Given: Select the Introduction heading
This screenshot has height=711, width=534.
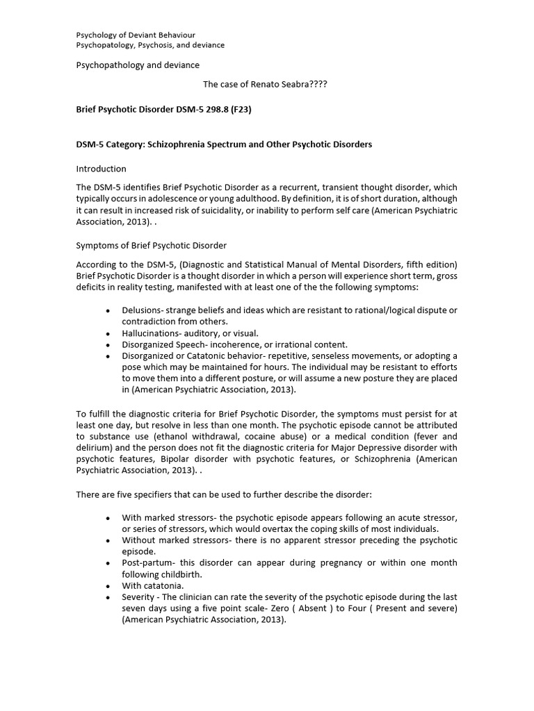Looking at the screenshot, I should [x=101, y=169].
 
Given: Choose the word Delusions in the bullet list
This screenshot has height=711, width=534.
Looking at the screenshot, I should [x=142, y=310].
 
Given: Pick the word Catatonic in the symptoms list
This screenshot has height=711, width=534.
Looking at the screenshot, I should [x=203, y=355].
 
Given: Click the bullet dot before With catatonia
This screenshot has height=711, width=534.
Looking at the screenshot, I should [x=107, y=585].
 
